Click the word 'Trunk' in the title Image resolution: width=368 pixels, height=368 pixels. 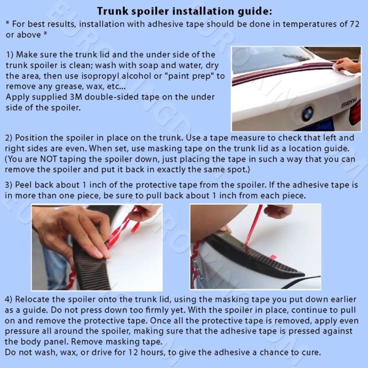(113, 11)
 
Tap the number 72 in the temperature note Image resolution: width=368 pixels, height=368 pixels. (354, 24)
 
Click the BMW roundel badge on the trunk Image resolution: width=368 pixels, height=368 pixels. (307, 113)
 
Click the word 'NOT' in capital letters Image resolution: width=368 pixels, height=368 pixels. (48, 159)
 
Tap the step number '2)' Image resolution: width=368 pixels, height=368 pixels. (9, 138)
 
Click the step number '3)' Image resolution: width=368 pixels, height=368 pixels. (9, 185)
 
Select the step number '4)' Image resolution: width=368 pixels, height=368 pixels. (9, 300)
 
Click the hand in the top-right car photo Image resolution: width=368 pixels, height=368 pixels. (347, 65)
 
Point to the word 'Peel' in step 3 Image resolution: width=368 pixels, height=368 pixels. (24, 185)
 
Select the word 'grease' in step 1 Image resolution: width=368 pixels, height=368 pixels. (68, 87)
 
